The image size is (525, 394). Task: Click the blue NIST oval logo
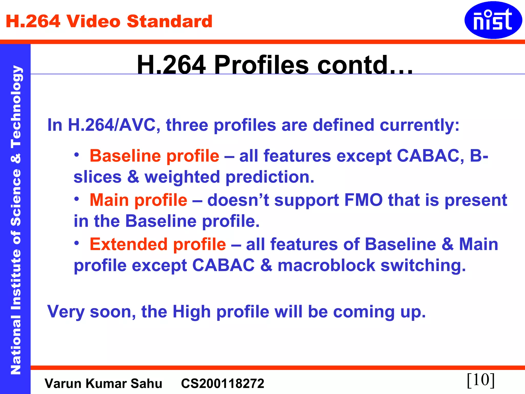point(493,20)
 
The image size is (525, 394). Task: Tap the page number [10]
point(481,380)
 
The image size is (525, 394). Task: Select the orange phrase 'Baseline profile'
point(154,156)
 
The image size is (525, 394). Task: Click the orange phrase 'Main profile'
point(138,200)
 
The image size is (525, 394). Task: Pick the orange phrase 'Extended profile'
point(158,244)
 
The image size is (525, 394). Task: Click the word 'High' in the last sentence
point(191,312)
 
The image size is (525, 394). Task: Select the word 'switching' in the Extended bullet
point(423,265)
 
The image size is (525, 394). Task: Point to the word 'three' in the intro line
point(187,125)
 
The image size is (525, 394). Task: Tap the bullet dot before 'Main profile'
point(77,199)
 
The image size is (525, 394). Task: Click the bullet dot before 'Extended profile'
point(77,243)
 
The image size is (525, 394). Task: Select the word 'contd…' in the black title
point(365,65)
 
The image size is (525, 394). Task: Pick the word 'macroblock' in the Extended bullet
point(326,265)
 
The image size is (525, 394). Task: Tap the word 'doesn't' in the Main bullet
point(238,200)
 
